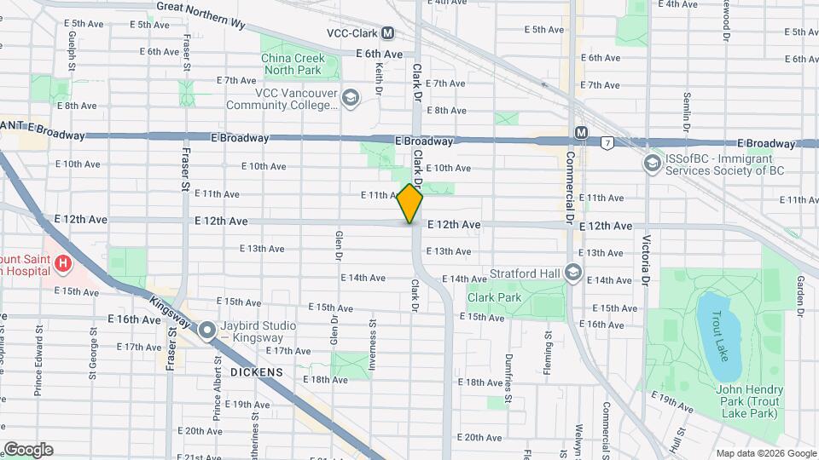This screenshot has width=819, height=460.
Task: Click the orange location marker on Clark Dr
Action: (410, 204)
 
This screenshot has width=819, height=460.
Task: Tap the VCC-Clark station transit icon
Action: (388, 33)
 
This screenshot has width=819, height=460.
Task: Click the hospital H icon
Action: (62, 265)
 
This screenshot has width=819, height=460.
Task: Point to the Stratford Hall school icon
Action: (573, 273)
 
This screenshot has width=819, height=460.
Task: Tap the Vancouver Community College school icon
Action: (349, 99)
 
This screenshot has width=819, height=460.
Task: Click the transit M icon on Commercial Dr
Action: (582, 133)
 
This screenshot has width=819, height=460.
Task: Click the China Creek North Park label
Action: (292, 64)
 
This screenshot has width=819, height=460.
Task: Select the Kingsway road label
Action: (168, 308)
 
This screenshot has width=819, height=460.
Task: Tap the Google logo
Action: (28, 450)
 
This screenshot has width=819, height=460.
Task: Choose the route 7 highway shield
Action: (607, 141)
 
